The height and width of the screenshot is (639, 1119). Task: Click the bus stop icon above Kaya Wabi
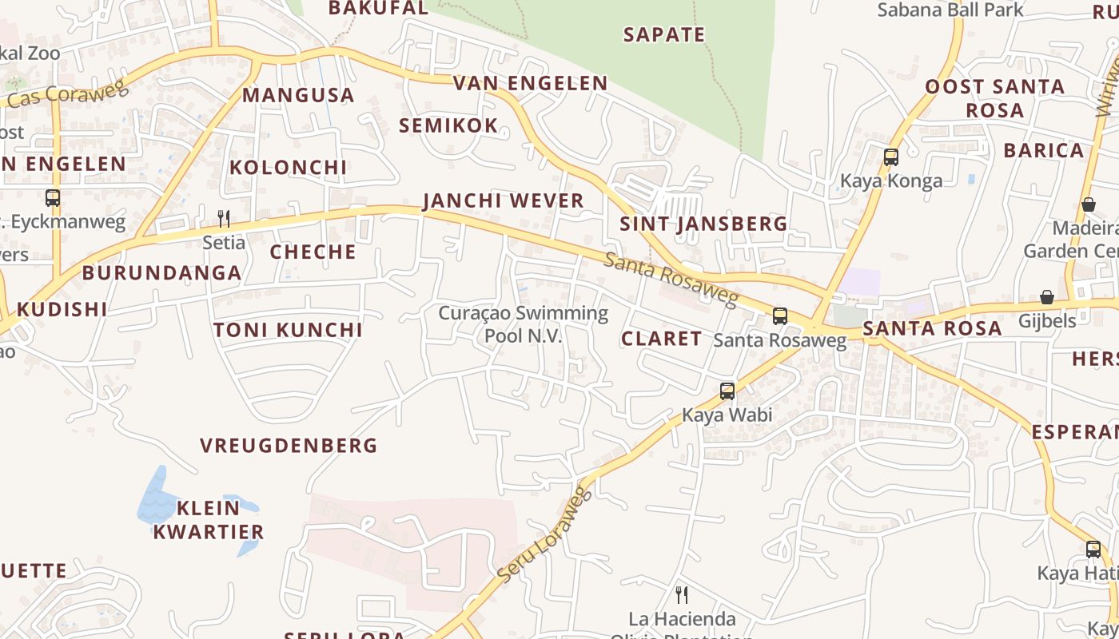click(x=727, y=391)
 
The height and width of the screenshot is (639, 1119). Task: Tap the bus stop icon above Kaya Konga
click(x=891, y=157)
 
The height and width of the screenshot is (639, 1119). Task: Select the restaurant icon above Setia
click(x=224, y=218)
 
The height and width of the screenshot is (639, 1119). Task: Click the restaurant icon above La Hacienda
click(x=682, y=594)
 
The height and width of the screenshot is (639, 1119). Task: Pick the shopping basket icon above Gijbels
click(x=1047, y=297)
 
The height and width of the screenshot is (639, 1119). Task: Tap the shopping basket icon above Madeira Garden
click(x=1088, y=204)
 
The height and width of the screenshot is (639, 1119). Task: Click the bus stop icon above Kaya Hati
click(x=1093, y=550)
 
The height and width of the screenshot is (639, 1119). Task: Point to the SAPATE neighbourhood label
click(x=664, y=34)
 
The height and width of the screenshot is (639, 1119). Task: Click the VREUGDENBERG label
click(x=289, y=445)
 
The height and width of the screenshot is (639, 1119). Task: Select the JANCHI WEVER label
click(x=504, y=200)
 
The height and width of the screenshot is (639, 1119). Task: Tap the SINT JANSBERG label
click(x=704, y=224)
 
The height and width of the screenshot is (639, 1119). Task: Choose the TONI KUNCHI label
click(x=288, y=330)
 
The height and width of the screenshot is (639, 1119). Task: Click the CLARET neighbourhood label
click(x=662, y=338)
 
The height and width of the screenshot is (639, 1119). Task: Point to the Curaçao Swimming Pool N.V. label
click(x=524, y=324)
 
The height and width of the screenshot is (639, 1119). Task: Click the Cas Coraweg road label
click(x=69, y=93)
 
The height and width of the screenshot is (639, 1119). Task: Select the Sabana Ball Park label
click(x=950, y=10)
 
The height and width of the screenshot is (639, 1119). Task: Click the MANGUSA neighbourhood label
click(x=298, y=95)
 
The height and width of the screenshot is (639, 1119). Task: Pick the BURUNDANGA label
click(x=161, y=272)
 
